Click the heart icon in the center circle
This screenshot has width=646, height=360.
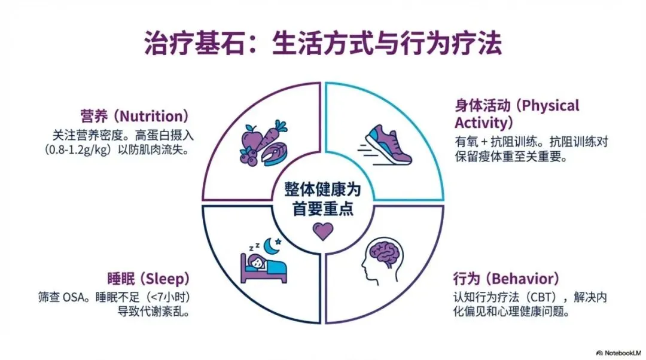coord(323,231)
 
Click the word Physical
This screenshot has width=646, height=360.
coord(551,106)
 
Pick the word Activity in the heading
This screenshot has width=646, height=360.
coord(480,123)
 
